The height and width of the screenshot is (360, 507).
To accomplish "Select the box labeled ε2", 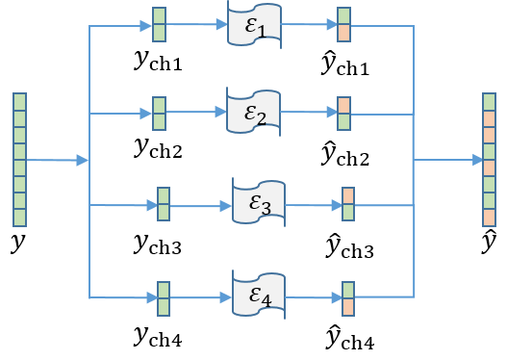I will point(255,113).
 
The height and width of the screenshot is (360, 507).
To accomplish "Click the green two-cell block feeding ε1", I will point(159,25).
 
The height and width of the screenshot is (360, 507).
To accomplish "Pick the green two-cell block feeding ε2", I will point(159,113).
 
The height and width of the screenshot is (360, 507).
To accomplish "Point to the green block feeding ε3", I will point(164,203).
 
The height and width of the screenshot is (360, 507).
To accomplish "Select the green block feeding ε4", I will point(164,297).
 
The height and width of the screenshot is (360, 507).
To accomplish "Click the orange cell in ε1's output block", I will point(344,34).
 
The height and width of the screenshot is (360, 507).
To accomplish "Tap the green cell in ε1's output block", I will point(344,17).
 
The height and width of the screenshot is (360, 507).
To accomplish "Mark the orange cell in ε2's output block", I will point(344,105).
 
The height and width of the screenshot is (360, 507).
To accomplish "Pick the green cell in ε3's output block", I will point(348,212).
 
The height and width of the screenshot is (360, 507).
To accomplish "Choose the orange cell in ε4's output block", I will point(348,306).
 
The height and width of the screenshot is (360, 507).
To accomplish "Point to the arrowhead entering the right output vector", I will point(477,160).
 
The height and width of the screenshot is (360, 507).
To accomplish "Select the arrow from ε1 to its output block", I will point(308,26).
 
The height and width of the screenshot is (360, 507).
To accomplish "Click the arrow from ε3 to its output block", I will point(313,204).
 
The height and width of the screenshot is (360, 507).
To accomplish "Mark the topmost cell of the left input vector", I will point(19,101).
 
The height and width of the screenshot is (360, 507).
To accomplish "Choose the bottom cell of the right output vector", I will point(489,217).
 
